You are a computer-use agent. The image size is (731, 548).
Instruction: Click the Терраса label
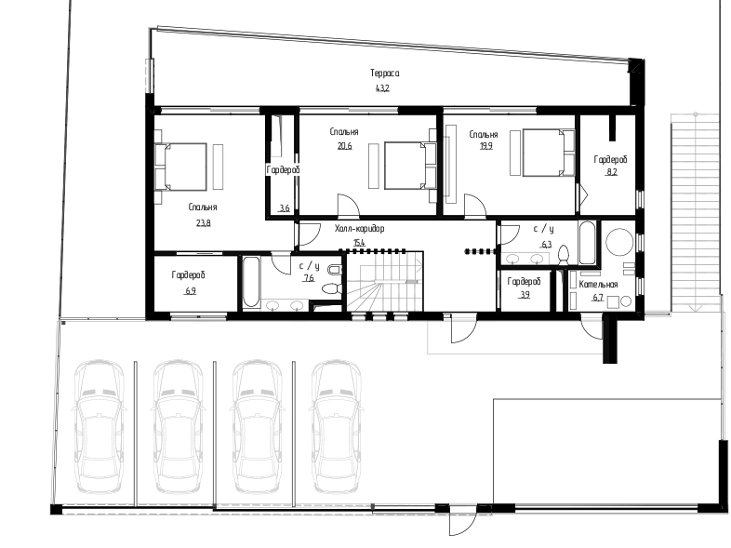(385, 74)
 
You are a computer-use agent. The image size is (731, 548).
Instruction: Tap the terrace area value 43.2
(382, 87)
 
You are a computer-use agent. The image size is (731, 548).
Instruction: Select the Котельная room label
(598, 285)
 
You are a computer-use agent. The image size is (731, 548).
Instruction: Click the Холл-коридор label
(359, 229)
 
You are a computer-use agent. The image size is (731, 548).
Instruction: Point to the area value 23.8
(204, 223)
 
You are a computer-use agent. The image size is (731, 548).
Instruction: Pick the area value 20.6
(344, 146)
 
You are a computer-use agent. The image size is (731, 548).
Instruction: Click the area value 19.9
(485, 146)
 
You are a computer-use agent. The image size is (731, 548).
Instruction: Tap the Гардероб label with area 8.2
(610, 159)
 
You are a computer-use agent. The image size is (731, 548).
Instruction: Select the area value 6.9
(191, 291)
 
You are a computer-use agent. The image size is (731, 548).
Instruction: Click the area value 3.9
(525, 295)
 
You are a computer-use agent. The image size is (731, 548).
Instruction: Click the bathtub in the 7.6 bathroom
(251, 282)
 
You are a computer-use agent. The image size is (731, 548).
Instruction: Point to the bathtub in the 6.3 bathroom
(587, 243)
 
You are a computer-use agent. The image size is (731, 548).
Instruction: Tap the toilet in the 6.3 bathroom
(564, 255)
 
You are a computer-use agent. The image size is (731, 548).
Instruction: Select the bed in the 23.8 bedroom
(180, 167)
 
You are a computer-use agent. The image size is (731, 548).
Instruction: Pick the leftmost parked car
(99, 426)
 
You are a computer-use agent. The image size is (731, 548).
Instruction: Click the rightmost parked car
(336, 426)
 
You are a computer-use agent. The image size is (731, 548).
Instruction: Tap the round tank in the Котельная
(619, 242)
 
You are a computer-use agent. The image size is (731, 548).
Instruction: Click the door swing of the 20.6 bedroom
(349, 206)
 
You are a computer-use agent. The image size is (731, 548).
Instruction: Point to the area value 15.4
(359, 243)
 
